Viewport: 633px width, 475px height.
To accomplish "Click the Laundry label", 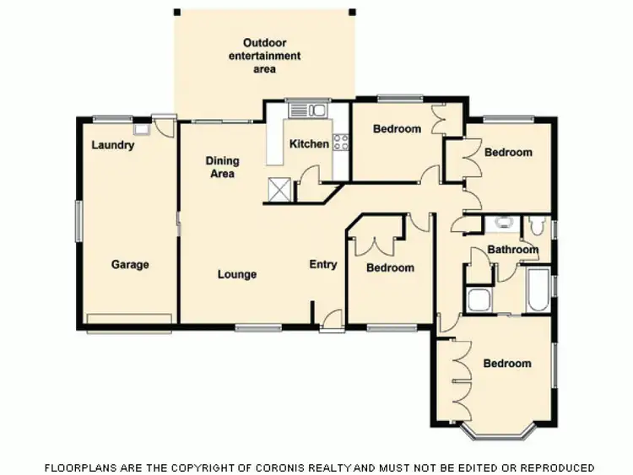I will click(x=112, y=145).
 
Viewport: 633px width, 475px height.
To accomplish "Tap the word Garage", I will click(x=130, y=264).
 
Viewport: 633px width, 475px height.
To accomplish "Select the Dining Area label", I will click(x=223, y=167).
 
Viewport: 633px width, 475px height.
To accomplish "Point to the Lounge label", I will click(x=236, y=274).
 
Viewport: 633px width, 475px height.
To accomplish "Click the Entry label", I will click(x=322, y=264).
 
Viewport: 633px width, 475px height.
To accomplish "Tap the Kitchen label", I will click(x=309, y=144).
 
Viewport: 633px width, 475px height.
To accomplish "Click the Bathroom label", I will click(x=512, y=250).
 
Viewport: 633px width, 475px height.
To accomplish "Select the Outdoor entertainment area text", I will click(x=264, y=56).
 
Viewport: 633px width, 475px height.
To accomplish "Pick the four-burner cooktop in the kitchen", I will click(x=341, y=143).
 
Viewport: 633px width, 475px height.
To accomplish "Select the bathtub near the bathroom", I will click(x=537, y=289).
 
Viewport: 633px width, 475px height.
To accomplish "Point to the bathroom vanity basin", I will click(x=503, y=224).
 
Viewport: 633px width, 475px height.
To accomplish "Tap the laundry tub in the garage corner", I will click(x=141, y=129).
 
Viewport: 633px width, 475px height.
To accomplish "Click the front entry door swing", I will click(x=332, y=321).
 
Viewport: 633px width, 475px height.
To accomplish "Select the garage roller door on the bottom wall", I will click(x=129, y=318).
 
